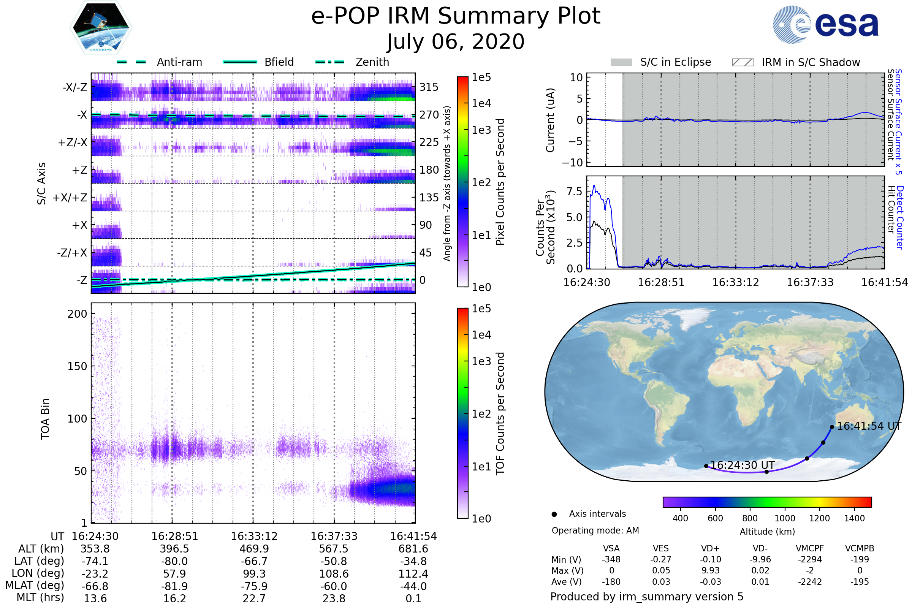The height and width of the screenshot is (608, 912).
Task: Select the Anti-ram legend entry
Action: click(x=160, y=62)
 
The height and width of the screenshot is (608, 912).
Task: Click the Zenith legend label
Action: click(x=372, y=62)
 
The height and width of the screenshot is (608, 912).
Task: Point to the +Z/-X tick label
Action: click(x=73, y=143)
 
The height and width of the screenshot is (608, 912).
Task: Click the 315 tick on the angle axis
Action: click(x=429, y=87)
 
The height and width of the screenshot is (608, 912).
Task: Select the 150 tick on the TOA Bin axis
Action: click(x=77, y=366)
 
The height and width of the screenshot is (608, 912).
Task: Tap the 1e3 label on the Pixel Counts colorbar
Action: click(x=481, y=130)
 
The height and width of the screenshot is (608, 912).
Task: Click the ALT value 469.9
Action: click(x=254, y=549)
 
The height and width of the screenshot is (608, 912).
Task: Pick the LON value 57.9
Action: click(x=174, y=574)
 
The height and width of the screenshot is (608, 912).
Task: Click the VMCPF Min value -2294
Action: click(x=810, y=559)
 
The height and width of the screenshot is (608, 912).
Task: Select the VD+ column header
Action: click(x=710, y=549)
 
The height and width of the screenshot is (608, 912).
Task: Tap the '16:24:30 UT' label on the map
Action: click(x=743, y=465)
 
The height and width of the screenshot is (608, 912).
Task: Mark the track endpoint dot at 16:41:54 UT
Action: click(x=832, y=427)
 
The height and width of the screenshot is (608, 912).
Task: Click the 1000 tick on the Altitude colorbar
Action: click(x=784, y=518)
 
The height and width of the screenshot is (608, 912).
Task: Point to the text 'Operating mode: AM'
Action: click(x=595, y=530)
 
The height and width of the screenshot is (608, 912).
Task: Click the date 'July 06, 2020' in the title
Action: click(x=456, y=42)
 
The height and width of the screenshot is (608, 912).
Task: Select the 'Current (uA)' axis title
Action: click(x=550, y=120)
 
